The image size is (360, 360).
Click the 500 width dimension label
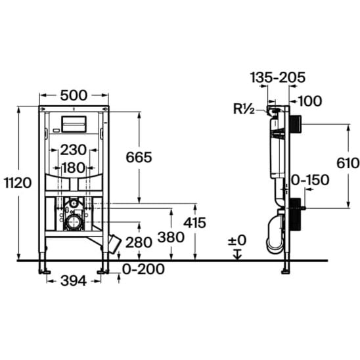74,95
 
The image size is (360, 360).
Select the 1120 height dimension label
18,183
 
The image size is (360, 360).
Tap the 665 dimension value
139,157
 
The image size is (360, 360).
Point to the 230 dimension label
74,150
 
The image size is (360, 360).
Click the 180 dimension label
74,168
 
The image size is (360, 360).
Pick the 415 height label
194,223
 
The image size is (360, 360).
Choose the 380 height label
171,237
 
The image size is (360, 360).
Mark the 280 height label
139,242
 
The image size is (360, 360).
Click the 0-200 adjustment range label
143,269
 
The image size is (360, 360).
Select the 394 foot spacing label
74,281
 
